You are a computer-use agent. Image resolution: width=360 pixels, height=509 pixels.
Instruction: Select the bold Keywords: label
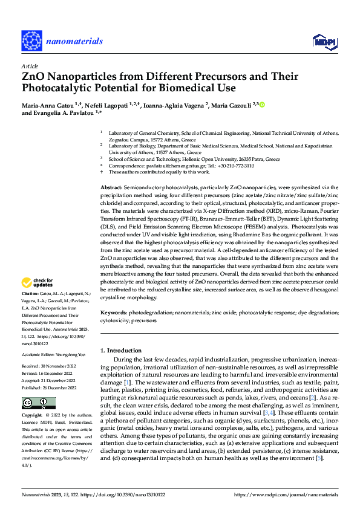[x=114, y=313]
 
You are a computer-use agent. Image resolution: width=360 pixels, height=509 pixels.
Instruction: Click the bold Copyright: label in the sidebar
[x=33, y=415]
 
